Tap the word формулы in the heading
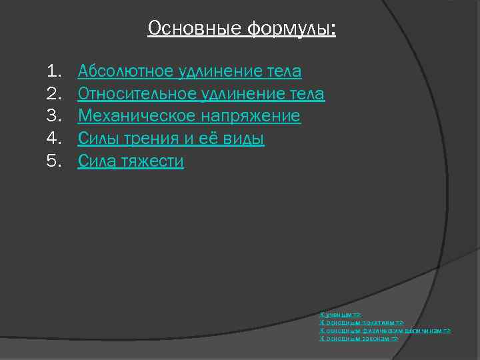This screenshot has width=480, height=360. point(291,29)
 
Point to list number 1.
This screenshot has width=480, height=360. point(53,71)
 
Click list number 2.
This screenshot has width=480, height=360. point(53,94)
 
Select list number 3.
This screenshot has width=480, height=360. point(53,117)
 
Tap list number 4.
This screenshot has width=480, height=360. point(53,139)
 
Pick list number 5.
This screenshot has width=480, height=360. point(53,161)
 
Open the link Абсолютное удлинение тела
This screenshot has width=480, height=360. point(189,71)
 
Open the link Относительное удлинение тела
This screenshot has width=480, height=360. point(201,94)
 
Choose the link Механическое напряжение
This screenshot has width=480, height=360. point(189,117)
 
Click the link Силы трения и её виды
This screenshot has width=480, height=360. point(171,139)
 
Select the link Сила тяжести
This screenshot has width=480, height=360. point(131,161)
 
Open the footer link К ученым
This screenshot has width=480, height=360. point(340,313)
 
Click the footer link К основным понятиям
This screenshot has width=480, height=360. point(361,321)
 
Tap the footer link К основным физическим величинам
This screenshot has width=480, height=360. point(385,330)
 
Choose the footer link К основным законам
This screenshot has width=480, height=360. point(359,338)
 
